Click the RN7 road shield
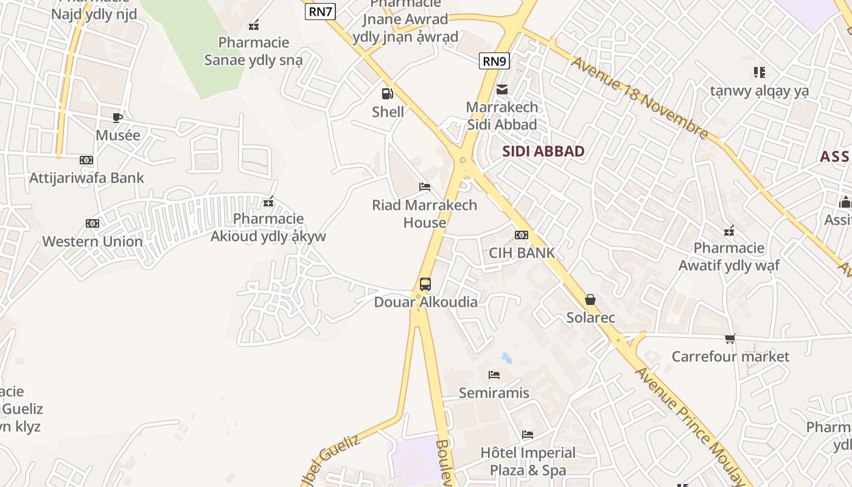click(x=320, y=11)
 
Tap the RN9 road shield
click(x=494, y=61)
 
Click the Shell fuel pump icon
click(x=387, y=94)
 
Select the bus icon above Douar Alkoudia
click(x=425, y=284)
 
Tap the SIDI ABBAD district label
click(x=543, y=152)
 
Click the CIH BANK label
click(x=522, y=253)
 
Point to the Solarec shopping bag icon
click(x=590, y=300)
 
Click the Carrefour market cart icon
click(x=730, y=338)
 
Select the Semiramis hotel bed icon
click(x=494, y=375)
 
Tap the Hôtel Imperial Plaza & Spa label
click(x=528, y=461)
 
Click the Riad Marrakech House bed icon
click(x=425, y=186)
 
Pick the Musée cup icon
click(x=117, y=117)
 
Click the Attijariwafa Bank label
click(x=87, y=178)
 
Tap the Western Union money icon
click(x=93, y=223)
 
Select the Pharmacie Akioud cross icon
click(x=268, y=201)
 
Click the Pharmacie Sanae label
click(x=254, y=51)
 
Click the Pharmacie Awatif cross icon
click(x=729, y=230)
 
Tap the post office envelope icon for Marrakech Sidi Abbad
click(x=502, y=89)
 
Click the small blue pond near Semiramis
click(x=506, y=358)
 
